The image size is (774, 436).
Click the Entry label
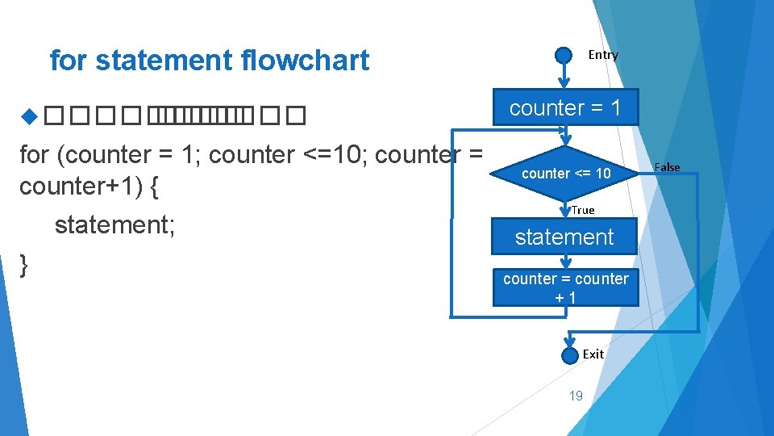coord(602,55)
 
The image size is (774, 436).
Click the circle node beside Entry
coord(564,55)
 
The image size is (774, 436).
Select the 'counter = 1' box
coord(564,107)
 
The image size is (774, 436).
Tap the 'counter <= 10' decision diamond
coord(565,174)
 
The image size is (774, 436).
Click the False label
coord(667,167)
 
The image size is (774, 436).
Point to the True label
coord(582,210)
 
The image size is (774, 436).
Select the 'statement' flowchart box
coord(564,237)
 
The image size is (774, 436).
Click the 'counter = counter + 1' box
coord(565,287)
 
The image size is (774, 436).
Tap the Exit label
coord(593,354)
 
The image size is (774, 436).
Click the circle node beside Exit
coord(568,354)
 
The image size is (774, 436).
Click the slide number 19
coord(576,395)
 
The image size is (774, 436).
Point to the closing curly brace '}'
coord(25,263)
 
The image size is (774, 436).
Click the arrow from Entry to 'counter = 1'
coord(564,75)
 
